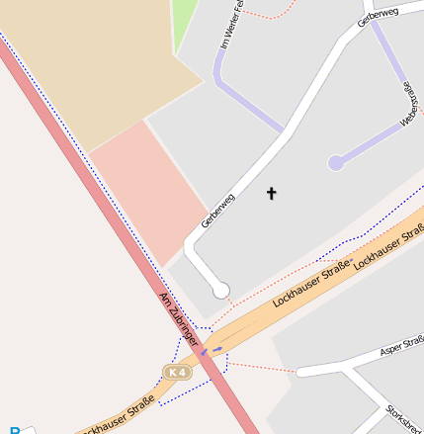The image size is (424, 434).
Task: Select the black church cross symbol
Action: (x=271, y=194)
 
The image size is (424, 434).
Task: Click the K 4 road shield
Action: (x=177, y=372)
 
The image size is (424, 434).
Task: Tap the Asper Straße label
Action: (x=402, y=348)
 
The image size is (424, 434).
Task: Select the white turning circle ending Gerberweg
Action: (x=221, y=290)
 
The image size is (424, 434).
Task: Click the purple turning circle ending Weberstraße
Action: (x=336, y=162)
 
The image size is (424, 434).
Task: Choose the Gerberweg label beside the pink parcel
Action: (x=217, y=211)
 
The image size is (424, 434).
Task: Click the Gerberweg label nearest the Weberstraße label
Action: (x=380, y=17)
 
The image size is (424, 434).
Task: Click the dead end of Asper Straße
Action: (x=298, y=372)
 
